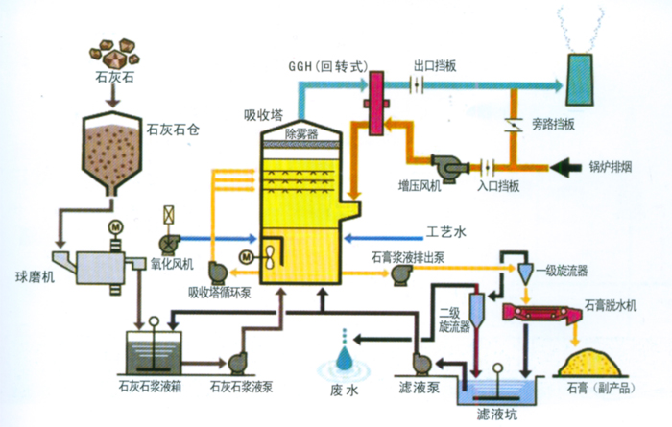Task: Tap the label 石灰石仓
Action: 172,125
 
